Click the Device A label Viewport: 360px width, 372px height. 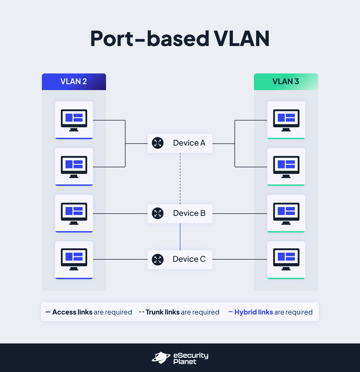point(189,143)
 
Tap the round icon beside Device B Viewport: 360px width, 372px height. point(157,213)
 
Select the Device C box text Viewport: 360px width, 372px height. point(189,259)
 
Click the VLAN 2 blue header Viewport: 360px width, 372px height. point(74,82)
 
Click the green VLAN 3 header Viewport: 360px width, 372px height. point(286,82)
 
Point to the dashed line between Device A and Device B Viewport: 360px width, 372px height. point(180,178)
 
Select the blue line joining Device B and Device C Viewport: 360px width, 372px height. point(180,236)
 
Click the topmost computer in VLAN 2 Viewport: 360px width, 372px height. point(74,120)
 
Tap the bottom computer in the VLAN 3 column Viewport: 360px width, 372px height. point(286,259)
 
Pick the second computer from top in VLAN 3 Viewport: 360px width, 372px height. point(286,167)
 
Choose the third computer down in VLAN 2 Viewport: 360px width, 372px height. point(74,213)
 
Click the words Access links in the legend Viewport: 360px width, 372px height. point(72,312)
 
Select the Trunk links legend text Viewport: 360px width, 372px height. point(163,312)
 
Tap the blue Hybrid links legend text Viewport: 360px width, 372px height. point(253,312)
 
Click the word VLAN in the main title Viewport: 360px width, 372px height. point(241,39)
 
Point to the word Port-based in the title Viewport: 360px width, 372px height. point(149,39)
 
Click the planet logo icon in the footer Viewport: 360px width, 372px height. point(161,357)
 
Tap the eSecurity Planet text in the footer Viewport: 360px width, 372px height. point(191,358)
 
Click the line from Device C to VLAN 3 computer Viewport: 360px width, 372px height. point(240,259)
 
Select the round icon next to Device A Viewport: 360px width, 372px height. point(157,143)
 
